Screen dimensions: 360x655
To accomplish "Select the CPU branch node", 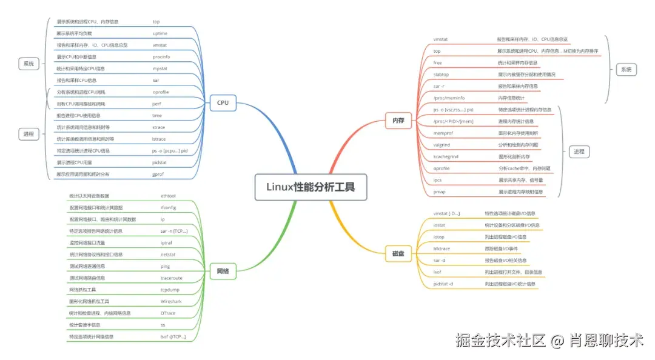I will tap(223, 102).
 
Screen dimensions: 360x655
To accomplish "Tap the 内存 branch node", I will tap(398, 121).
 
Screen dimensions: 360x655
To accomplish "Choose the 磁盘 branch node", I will tap(398, 255).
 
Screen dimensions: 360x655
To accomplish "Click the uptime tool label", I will tap(160, 33).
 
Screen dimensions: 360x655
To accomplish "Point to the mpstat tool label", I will tap(161, 68).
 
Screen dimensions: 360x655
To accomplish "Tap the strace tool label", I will tap(160, 127).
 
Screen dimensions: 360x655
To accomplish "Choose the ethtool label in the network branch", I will tap(169, 196).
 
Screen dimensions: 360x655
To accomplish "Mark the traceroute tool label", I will tap(171, 278).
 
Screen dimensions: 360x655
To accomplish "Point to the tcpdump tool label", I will tap(170, 290).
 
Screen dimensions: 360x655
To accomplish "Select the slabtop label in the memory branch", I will tap(441, 75).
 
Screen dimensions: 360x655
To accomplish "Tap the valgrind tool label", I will tap(442, 145).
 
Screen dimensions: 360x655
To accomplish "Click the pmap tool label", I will tap(440, 192).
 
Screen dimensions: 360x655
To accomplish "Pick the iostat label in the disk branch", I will tap(439, 225).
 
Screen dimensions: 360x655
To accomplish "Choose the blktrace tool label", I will tap(442, 248).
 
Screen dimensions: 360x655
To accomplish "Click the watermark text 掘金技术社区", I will tap(501, 341).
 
